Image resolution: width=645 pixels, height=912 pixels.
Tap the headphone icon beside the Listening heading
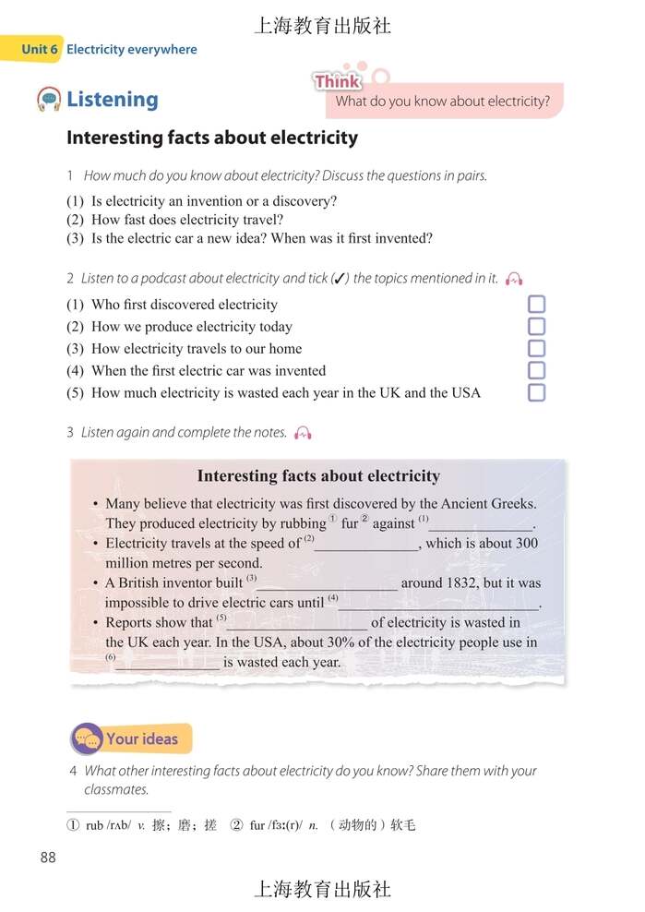click(x=49, y=99)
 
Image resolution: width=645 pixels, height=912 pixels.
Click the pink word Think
click(x=337, y=82)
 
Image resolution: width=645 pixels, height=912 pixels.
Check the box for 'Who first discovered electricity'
click(x=536, y=305)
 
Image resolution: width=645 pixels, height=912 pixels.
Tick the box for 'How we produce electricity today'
click(x=536, y=327)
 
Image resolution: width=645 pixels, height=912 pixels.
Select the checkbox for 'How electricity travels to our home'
click(x=536, y=349)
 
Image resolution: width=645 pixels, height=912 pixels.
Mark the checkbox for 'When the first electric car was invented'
click(x=536, y=371)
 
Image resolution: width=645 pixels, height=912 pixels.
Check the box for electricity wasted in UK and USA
click(x=536, y=393)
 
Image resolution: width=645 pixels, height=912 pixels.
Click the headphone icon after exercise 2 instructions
click(x=515, y=279)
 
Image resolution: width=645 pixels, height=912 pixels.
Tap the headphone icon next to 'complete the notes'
click(x=304, y=433)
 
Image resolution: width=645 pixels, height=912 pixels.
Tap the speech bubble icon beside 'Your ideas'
click(x=88, y=739)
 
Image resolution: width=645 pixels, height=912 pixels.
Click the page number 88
click(x=48, y=858)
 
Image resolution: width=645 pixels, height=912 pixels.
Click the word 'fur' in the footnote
click(x=257, y=825)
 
